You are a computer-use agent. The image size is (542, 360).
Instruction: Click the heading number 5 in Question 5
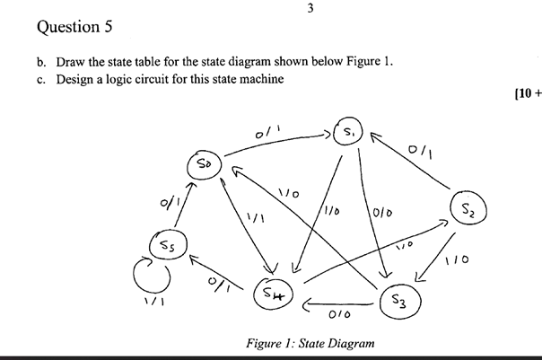(x=107, y=26)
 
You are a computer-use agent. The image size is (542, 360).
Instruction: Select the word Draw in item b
(x=72, y=62)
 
